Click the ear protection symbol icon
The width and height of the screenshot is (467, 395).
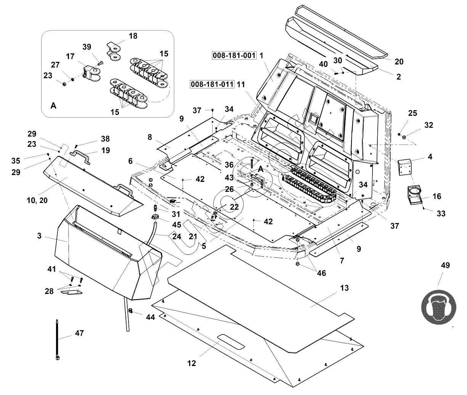438,305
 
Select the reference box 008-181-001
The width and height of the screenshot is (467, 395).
234,55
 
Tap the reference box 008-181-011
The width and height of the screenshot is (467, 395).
212,84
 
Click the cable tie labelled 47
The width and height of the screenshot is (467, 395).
57,339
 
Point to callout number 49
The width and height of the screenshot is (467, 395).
445,265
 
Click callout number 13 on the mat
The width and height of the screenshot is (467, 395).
344,288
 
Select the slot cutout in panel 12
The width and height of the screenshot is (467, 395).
231,341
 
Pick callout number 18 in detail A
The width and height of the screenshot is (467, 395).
133,36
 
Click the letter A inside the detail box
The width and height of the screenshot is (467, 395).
53,106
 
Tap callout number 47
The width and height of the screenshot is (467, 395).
79,333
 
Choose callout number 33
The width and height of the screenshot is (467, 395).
441,214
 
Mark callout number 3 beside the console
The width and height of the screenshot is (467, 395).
39,236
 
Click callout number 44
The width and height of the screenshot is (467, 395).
151,317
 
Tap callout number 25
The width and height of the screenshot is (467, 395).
412,113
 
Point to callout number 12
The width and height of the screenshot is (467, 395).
191,363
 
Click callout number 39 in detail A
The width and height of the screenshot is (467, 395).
87,47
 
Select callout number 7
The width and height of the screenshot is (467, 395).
342,261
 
